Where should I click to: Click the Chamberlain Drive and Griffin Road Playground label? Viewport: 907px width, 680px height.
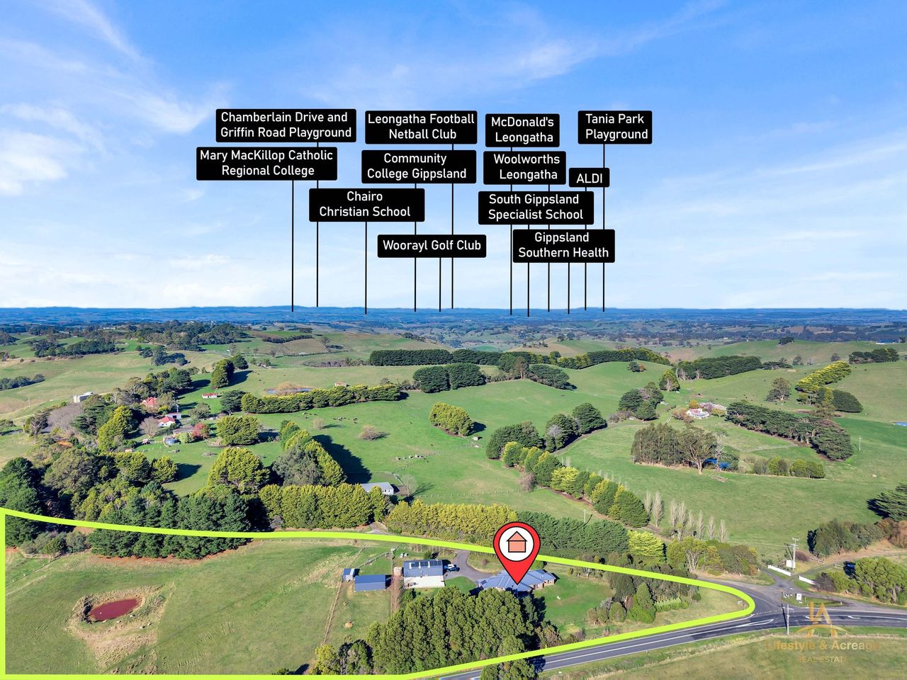point(286,125)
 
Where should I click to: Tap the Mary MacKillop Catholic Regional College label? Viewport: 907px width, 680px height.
point(267,163)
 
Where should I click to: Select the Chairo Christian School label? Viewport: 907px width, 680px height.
point(366,204)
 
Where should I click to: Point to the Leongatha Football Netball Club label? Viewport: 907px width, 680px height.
point(422,127)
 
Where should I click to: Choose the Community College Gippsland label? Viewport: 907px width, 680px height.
point(417,166)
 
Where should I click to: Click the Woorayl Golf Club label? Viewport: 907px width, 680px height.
point(432,246)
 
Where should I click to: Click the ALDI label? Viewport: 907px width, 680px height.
point(589,178)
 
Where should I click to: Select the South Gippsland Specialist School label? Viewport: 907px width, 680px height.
point(536,207)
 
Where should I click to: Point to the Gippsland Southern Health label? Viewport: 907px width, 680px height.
point(563,245)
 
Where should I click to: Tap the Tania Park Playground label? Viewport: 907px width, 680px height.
point(615,127)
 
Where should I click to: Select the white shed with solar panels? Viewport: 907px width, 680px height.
point(423,572)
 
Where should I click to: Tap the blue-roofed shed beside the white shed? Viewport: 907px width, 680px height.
point(371,583)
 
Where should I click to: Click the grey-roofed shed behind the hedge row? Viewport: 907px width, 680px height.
point(378,488)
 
